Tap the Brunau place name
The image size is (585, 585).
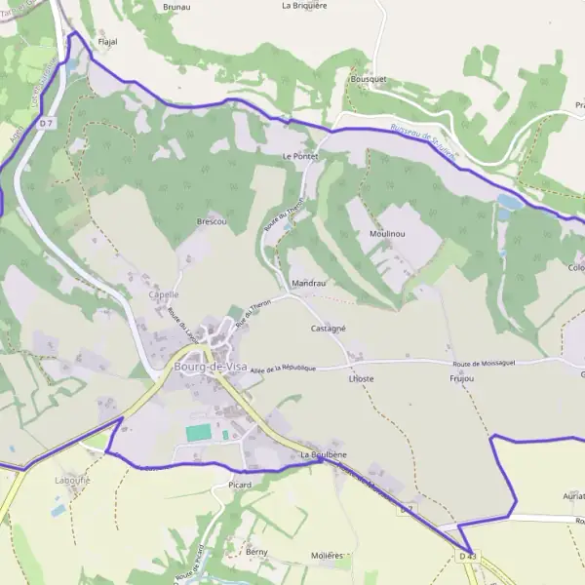tap(176, 7)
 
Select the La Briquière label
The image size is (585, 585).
tap(304, 5)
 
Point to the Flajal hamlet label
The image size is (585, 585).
tap(107, 43)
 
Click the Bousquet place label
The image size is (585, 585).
tap(369, 78)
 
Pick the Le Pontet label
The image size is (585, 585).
tap(299, 156)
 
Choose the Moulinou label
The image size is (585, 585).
tap(387, 235)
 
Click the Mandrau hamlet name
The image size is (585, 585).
tap(308, 284)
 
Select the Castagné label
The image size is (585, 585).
tap(329, 330)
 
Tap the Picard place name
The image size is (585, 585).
tap(239, 485)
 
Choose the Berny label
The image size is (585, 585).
tap(256, 552)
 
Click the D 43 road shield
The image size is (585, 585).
tap(468, 556)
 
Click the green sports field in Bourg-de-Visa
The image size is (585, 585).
tap(199, 432)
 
